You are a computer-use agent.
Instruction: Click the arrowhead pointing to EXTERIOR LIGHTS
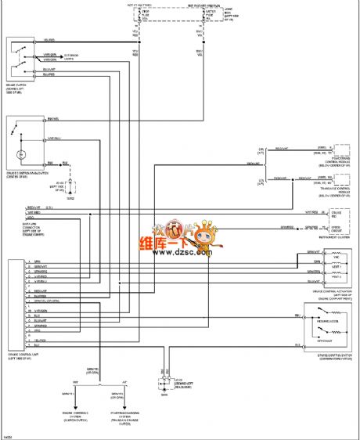72,56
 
